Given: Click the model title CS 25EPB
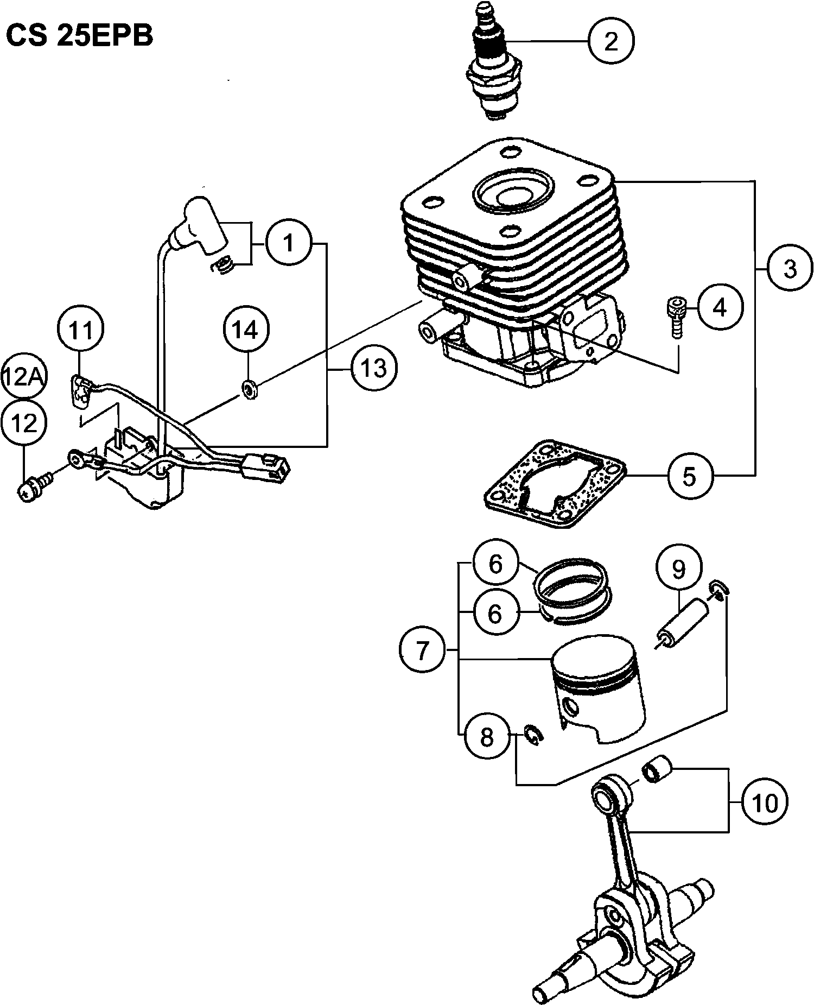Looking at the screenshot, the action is tap(79, 36).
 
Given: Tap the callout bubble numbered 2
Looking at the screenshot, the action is tap(611, 41).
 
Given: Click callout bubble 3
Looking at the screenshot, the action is tap(790, 268).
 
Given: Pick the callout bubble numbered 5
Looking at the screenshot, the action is tap(689, 476).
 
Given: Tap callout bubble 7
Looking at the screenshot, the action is tap(422, 649).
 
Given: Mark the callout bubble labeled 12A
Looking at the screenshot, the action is tap(23, 376).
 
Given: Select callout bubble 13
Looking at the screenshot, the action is tap(374, 369).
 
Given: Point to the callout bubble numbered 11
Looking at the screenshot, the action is tap(81, 330).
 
